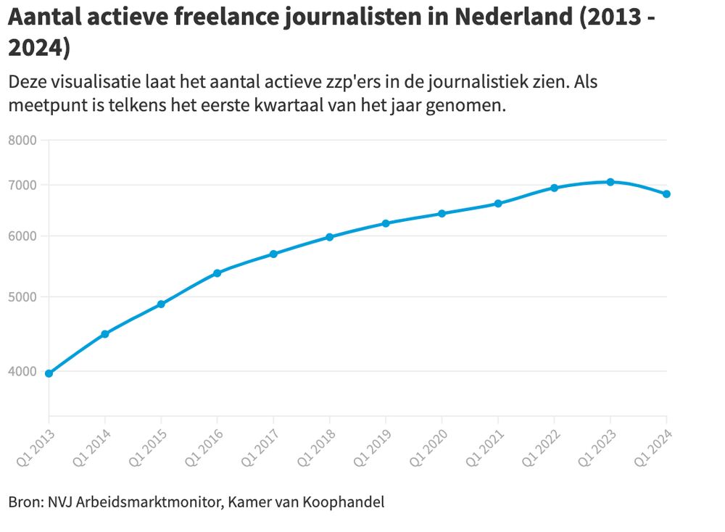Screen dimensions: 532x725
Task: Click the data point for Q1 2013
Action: click(49, 373)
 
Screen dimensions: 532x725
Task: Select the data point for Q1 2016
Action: click(217, 273)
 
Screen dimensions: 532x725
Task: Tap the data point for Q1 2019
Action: click(386, 223)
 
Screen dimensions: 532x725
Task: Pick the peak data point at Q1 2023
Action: click(610, 182)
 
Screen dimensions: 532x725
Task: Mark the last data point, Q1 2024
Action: click(666, 194)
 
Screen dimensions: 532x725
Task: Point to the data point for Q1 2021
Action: click(498, 204)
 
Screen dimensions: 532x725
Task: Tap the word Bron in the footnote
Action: click(25, 502)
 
